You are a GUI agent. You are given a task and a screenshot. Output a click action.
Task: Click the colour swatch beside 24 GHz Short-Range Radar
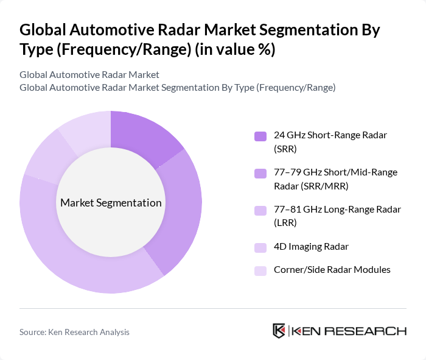[260, 136]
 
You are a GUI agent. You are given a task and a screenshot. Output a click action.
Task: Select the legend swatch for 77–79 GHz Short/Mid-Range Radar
[260, 173]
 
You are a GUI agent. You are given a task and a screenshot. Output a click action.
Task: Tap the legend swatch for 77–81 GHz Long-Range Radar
[260, 210]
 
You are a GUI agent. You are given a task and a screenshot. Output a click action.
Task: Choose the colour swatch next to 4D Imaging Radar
[260, 247]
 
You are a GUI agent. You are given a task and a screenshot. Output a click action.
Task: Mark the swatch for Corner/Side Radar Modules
[260, 269]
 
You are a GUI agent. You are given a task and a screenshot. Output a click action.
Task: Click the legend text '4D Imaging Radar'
[311, 247]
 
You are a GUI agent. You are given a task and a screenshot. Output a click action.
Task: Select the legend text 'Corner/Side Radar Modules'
[332, 269]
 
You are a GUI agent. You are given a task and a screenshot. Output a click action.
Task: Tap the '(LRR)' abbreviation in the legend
[285, 223]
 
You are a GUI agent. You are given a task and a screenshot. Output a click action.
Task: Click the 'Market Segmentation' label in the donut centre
[110, 202]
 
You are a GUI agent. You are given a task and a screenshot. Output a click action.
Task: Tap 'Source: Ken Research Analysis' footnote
[74, 332]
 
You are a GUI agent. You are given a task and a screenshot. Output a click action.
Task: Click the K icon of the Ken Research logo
[279, 331]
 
